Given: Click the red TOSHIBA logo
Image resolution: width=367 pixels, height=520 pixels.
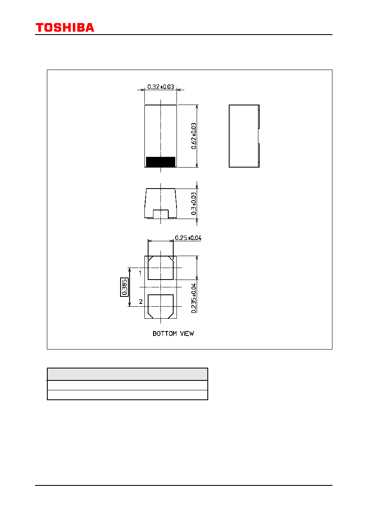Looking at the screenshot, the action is pyautogui.click(x=65, y=28).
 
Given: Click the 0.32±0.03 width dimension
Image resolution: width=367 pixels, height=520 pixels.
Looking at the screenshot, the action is pyautogui.click(x=160, y=86).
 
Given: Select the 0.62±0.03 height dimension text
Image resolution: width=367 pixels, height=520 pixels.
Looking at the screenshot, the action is pyautogui.click(x=194, y=136).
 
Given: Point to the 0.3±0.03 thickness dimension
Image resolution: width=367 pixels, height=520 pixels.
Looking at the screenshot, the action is pyautogui.click(x=194, y=203).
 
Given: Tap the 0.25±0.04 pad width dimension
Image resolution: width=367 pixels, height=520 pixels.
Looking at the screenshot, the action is pyautogui.click(x=188, y=238).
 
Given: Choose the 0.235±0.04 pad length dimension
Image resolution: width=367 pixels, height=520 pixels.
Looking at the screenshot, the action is pyautogui.click(x=194, y=298).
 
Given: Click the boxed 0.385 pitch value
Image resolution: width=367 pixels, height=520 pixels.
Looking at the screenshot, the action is pyautogui.click(x=124, y=287).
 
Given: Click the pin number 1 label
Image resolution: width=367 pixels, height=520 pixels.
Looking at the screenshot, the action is pyautogui.click(x=140, y=273).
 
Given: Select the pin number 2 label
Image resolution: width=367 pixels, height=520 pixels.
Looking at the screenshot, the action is pyautogui.click(x=141, y=301).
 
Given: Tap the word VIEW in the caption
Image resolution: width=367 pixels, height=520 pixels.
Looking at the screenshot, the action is pyautogui.click(x=187, y=333).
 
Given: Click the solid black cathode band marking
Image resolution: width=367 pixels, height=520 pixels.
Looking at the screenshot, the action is pyautogui.click(x=160, y=162).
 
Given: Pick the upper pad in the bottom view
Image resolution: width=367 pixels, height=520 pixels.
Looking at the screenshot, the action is pyautogui.click(x=160, y=268).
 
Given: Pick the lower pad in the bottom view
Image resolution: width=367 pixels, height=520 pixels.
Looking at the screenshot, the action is pyautogui.click(x=160, y=306).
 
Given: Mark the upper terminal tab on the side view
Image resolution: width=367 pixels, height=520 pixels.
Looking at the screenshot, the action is pyautogui.click(x=259, y=117).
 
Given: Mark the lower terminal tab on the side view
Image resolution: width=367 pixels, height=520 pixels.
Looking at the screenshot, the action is pyautogui.click(x=259, y=155).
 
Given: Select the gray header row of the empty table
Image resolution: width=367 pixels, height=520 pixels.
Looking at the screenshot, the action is pyautogui.click(x=128, y=374).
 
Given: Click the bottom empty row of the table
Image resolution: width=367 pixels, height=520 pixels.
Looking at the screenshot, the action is pyautogui.click(x=128, y=395).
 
